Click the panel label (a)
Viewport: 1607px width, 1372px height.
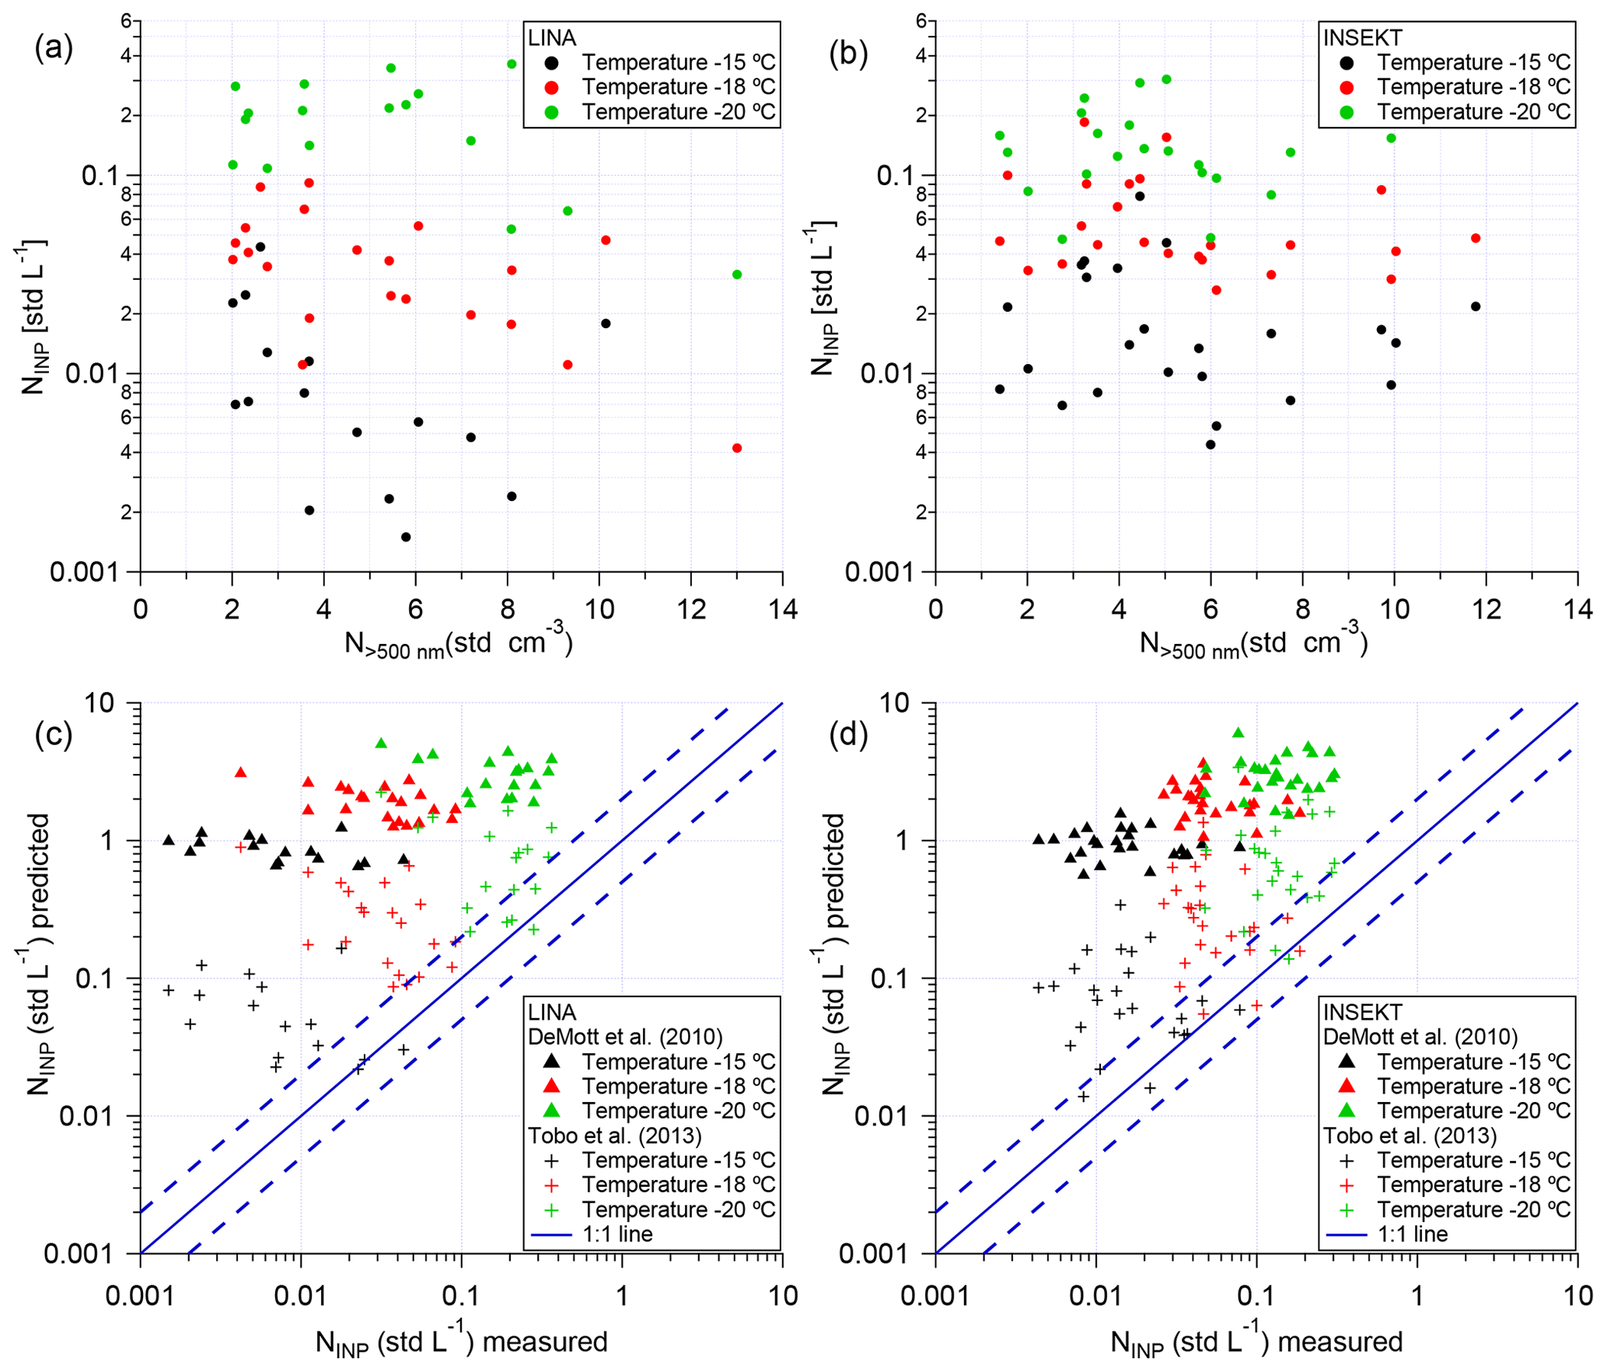(x=54, y=49)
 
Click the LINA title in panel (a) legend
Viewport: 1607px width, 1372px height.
(x=551, y=37)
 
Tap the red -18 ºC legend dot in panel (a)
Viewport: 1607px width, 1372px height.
(x=551, y=86)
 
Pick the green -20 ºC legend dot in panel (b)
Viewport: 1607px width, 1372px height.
(x=1347, y=112)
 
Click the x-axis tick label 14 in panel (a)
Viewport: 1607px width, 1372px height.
(x=782, y=609)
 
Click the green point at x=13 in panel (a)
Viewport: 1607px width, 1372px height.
(x=737, y=275)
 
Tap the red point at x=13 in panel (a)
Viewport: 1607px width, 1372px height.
(x=737, y=448)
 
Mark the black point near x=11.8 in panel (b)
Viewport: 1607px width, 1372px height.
(x=1476, y=306)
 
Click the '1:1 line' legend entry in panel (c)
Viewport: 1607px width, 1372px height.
(x=617, y=1234)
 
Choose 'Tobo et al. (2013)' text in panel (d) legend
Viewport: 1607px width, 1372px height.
(x=1410, y=1136)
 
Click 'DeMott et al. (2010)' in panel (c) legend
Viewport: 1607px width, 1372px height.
(x=625, y=1037)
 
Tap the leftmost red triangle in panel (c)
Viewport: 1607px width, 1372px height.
(x=241, y=772)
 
